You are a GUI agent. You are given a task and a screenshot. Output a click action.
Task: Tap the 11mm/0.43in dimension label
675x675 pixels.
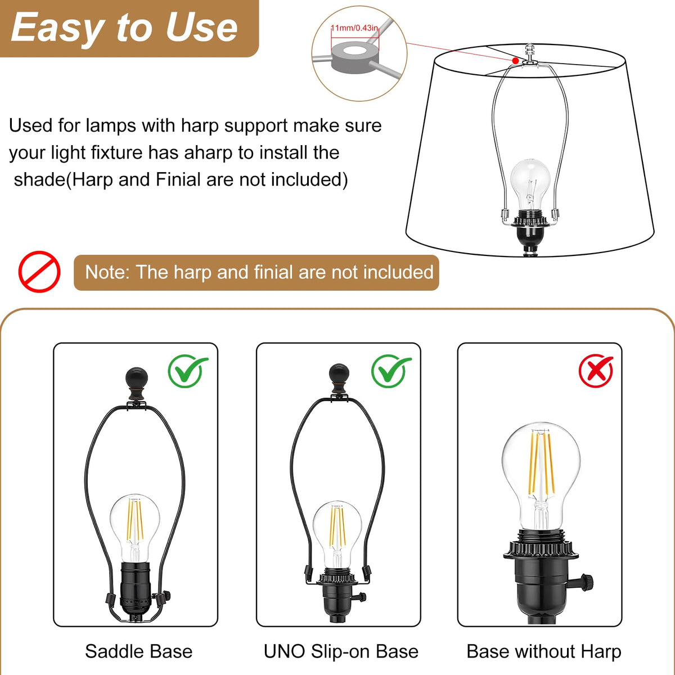pyautogui.click(x=354, y=28)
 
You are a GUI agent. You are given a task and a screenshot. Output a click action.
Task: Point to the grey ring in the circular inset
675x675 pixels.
pyautogui.click(x=355, y=57)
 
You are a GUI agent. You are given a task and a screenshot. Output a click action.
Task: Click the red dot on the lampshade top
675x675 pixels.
pyautogui.click(x=515, y=61)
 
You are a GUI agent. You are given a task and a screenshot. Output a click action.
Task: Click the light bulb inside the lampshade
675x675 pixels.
pyautogui.click(x=530, y=187)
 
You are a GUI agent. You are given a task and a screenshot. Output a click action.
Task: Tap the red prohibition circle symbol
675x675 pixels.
pyautogui.click(x=39, y=272)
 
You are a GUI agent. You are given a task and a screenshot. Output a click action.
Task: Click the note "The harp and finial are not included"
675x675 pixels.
pyautogui.click(x=259, y=272)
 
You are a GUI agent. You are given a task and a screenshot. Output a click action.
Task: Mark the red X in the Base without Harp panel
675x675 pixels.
pyautogui.click(x=596, y=371)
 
